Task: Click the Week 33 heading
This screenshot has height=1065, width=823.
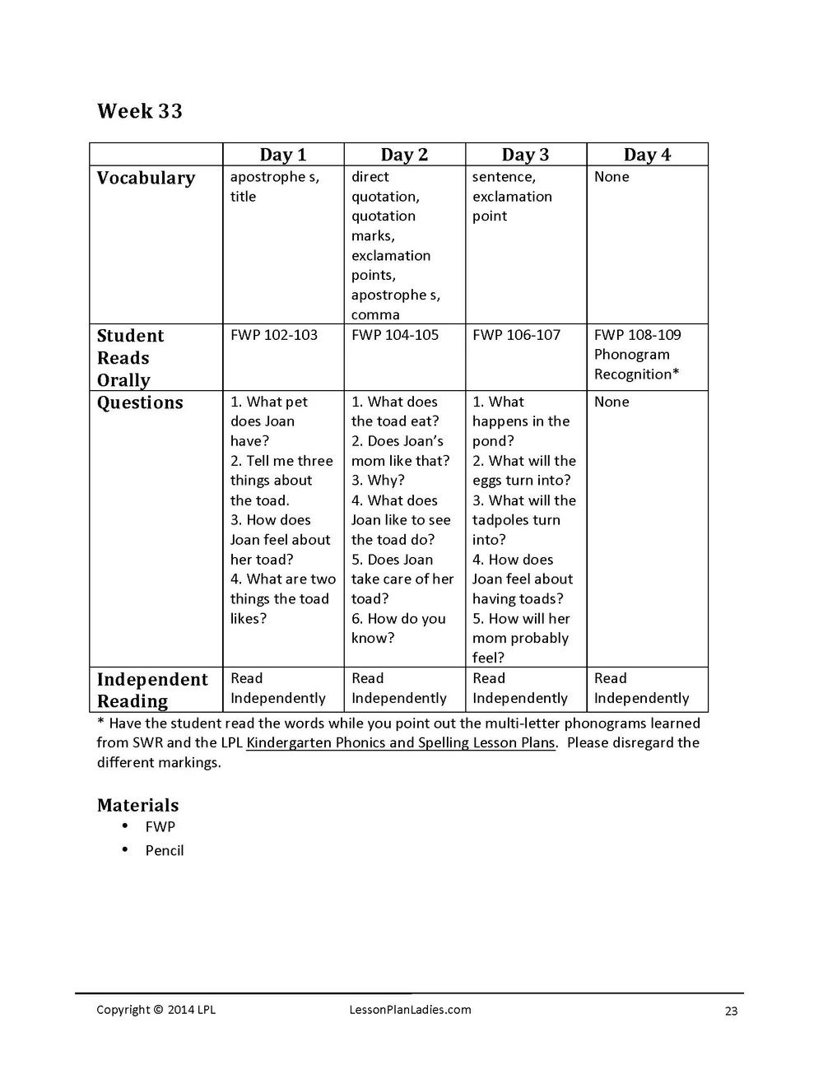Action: (139, 111)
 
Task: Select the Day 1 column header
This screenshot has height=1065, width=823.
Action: (282, 155)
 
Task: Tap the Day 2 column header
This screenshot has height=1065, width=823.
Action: (404, 155)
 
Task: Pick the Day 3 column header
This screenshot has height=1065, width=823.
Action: (525, 155)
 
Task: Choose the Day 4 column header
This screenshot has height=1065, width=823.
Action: (647, 155)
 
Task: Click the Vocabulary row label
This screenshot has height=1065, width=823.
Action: (146, 178)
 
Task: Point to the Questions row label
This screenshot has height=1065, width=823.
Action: (140, 402)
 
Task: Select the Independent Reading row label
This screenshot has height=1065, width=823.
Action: (152, 690)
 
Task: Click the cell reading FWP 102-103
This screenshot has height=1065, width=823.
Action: (274, 335)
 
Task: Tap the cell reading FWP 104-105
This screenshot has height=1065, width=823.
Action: (395, 335)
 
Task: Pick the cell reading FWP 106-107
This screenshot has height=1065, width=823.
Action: (516, 335)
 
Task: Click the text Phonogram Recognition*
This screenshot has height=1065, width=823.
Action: (636, 365)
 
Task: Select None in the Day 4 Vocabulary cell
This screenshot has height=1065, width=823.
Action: (611, 177)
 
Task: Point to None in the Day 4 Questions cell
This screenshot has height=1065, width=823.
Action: (611, 402)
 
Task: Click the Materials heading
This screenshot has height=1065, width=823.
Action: (137, 805)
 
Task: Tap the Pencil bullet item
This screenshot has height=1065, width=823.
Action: (165, 850)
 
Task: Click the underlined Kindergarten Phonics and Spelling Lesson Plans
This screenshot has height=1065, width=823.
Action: (401, 742)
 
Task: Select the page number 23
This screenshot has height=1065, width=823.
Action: (731, 1011)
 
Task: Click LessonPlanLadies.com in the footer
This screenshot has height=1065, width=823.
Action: (410, 1010)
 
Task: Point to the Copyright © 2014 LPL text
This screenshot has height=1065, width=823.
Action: (156, 1010)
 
